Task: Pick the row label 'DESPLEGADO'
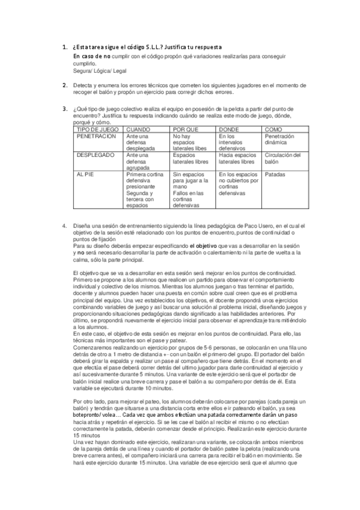pos(94,155)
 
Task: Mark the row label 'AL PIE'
pos(86,174)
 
